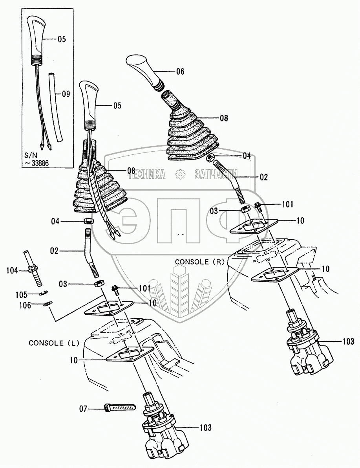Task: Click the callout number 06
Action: (180, 72)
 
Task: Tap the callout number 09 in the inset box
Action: (66, 94)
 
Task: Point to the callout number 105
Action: (21, 294)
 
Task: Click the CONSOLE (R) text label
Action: (198, 261)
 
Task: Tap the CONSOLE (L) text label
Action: (54, 343)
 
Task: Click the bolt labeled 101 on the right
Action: (258, 206)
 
